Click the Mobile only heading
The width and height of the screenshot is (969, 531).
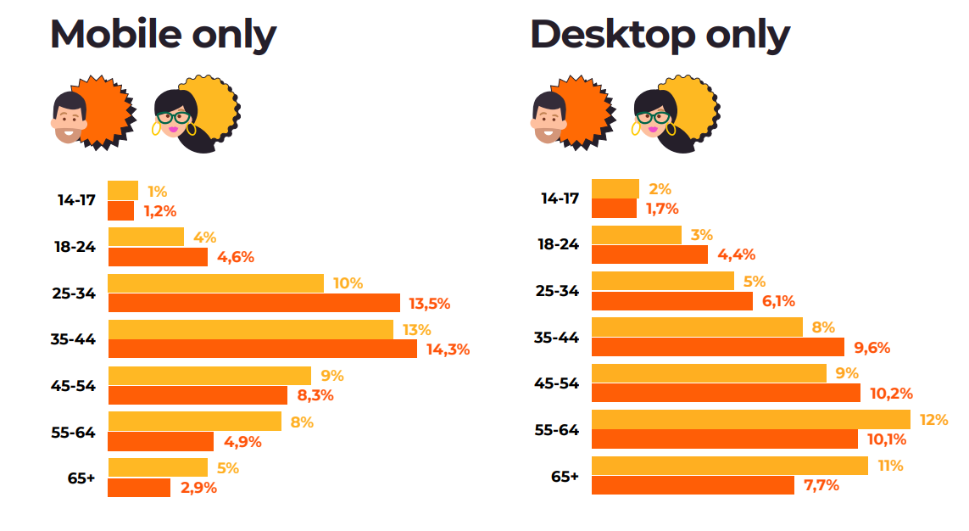(x=163, y=34)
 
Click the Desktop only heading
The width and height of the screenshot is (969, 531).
(x=660, y=34)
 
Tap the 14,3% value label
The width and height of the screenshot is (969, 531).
(x=447, y=349)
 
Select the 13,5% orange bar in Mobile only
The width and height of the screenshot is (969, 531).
(x=253, y=303)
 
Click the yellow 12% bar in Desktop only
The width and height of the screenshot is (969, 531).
(x=750, y=419)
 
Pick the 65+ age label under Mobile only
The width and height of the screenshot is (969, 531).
(x=81, y=478)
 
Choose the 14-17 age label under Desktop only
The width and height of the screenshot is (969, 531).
(x=560, y=198)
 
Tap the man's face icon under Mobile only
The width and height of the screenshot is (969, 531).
(x=70, y=117)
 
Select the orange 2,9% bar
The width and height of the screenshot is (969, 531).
(x=139, y=488)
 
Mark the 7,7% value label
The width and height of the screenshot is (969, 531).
(x=821, y=485)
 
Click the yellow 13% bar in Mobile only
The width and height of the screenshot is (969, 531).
(x=250, y=329)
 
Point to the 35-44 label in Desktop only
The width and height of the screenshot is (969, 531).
(x=556, y=338)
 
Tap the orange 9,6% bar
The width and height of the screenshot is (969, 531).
(x=717, y=347)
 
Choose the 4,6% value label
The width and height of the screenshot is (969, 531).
(x=236, y=257)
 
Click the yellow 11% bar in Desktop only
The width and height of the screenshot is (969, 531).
(x=729, y=466)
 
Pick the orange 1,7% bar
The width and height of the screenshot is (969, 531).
(x=614, y=209)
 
